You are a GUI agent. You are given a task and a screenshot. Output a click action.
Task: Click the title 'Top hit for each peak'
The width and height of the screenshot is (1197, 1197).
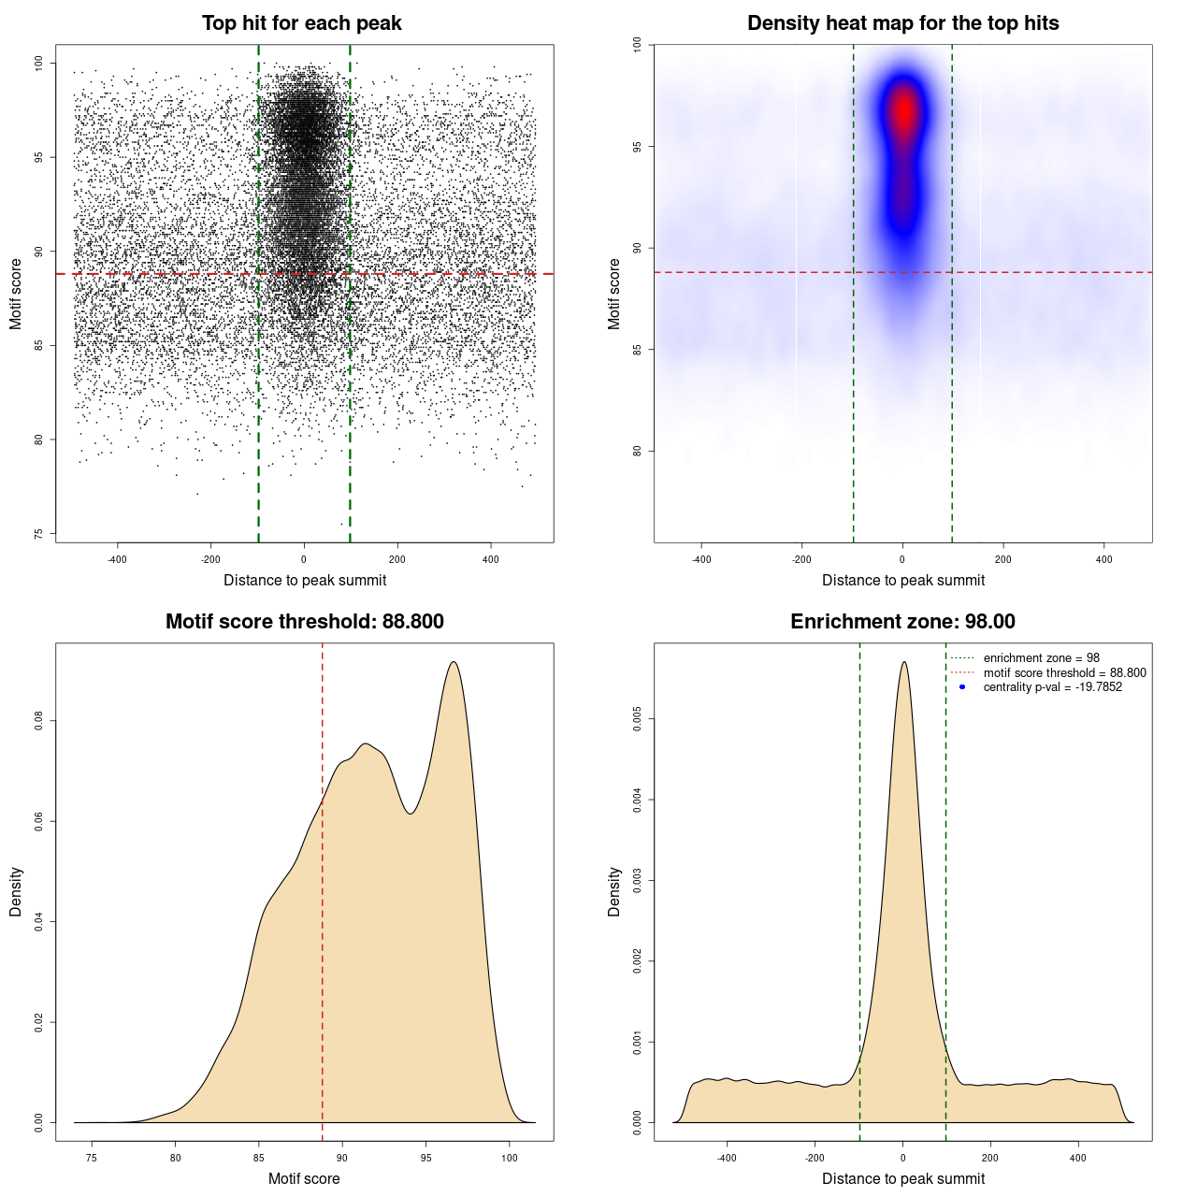click(x=301, y=23)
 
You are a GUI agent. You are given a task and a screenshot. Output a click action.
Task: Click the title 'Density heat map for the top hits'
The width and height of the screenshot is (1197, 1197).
click(x=902, y=23)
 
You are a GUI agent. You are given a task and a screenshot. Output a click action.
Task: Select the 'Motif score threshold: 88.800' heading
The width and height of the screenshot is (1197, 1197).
click(x=304, y=622)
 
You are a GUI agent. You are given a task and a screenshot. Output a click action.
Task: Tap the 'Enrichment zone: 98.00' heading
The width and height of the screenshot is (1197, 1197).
click(x=902, y=622)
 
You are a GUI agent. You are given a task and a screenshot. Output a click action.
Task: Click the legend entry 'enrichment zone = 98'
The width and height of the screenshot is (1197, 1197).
click(x=1041, y=658)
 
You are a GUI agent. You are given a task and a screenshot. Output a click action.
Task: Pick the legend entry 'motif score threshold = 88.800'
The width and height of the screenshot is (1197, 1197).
click(x=1064, y=673)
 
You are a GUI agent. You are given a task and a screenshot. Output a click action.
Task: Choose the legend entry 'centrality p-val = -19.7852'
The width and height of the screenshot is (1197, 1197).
click(x=1052, y=687)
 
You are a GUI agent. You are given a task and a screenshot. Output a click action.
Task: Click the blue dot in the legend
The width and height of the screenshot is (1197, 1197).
click(x=962, y=687)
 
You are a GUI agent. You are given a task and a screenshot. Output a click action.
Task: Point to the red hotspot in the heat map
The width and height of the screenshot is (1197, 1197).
click(x=903, y=110)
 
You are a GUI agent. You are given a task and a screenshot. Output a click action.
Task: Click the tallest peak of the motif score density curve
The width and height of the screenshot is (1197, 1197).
click(x=454, y=662)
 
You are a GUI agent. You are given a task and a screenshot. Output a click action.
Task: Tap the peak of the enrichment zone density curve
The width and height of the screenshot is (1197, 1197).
click(x=903, y=662)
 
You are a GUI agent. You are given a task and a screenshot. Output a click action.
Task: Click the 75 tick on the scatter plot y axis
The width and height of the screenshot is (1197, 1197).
click(x=39, y=534)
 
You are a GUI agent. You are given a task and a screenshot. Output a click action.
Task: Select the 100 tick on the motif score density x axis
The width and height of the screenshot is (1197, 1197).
click(x=509, y=1158)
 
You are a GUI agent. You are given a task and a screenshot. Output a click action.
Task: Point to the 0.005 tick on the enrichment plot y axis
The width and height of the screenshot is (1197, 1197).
click(x=638, y=719)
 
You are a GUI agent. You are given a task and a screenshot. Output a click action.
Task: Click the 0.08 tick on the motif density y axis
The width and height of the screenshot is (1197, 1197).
click(x=39, y=721)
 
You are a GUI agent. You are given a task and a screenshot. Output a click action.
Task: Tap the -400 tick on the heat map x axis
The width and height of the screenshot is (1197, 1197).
click(x=701, y=559)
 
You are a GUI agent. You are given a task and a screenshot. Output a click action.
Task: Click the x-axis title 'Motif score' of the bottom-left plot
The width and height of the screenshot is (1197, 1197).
click(x=304, y=1178)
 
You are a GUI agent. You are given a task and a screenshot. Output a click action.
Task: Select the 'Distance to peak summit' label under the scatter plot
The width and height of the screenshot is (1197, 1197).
click(x=305, y=580)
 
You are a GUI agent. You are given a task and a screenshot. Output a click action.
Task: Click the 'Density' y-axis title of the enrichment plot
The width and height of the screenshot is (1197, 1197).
click(x=614, y=891)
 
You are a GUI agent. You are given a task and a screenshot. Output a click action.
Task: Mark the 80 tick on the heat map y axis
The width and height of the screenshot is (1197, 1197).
click(x=638, y=451)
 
